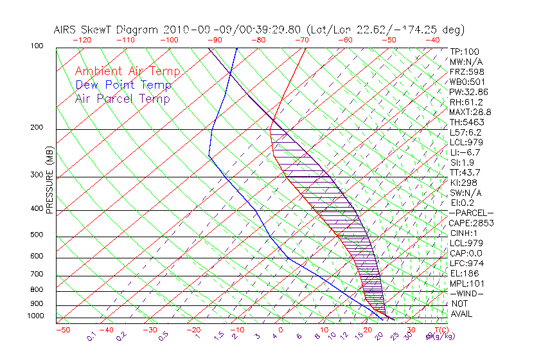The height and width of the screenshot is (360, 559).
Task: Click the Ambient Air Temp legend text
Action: pyautogui.click(x=127, y=71)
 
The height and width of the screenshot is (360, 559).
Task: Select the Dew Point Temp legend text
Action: pyautogui.click(x=123, y=85)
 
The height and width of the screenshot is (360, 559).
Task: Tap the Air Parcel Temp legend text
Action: pyautogui.click(x=122, y=98)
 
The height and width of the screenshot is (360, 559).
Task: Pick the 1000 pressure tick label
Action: pyautogui.click(x=37, y=316)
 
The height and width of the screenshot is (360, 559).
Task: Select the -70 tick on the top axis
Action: pyautogui.click(x=301, y=40)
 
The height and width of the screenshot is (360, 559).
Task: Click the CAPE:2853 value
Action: pyautogui.click(x=471, y=223)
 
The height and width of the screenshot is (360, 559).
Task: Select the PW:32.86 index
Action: pyautogui.click(x=469, y=92)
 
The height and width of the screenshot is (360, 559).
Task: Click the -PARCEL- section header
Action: pyautogui.click(x=471, y=213)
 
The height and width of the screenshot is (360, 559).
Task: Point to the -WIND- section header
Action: pyautogui.click(x=466, y=293)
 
